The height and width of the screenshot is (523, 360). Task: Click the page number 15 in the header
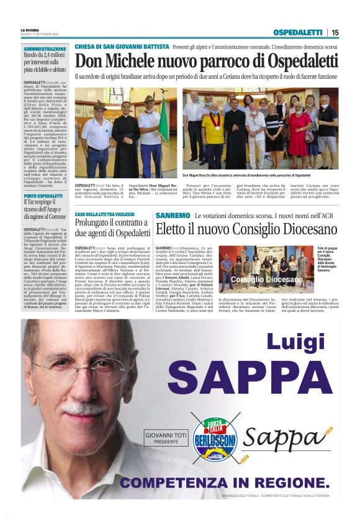tap(335, 32)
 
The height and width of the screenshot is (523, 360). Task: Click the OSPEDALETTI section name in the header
tap(299, 32)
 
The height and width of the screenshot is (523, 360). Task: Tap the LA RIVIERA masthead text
tap(30, 30)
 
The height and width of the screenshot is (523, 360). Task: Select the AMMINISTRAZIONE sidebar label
tap(44, 48)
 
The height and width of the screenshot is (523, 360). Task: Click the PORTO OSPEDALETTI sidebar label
tap(43, 196)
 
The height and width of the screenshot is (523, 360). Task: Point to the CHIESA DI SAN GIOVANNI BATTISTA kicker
tap(122, 47)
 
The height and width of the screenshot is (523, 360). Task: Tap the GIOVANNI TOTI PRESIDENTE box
tap(166, 439)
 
